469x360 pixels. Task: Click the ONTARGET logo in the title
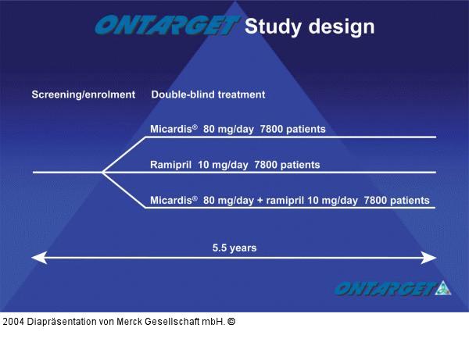[x=166, y=26]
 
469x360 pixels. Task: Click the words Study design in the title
[x=310, y=26]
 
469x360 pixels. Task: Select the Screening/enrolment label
[x=83, y=94]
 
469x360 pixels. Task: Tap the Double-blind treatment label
[x=208, y=94]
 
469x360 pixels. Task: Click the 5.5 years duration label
[x=234, y=248]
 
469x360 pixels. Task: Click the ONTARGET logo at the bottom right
[x=384, y=289]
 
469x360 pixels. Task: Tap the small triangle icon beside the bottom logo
[x=443, y=288]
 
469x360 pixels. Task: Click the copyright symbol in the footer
[x=231, y=321]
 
